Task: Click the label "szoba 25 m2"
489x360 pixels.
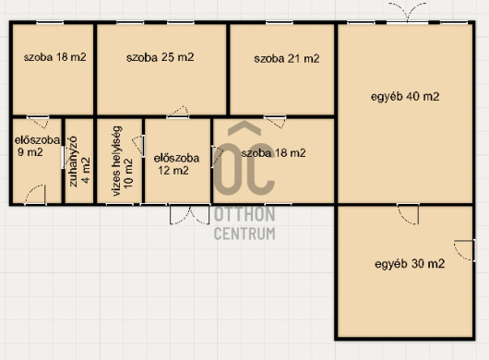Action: click(x=160, y=57)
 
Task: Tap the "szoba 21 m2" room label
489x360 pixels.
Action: click(x=287, y=59)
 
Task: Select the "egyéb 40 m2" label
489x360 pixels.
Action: click(x=405, y=97)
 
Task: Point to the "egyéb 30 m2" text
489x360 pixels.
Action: click(x=410, y=264)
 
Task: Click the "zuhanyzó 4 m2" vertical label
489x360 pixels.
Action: click(x=79, y=162)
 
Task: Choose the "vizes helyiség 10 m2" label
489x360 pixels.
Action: click(x=122, y=161)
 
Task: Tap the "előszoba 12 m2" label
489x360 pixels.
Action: click(x=176, y=164)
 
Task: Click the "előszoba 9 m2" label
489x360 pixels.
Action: click(x=37, y=146)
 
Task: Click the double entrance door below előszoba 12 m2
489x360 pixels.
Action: click(x=190, y=214)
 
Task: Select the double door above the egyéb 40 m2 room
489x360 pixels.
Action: click(x=407, y=13)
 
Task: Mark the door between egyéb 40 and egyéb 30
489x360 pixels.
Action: click(x=408, y=214)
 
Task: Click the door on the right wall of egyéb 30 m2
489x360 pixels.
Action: click(x=465, y=250)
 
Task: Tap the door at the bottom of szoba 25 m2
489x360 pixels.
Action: click(x=178, y=112)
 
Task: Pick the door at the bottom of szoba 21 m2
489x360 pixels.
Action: click(x=275, y=122)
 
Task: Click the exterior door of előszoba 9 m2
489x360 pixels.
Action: click(x=36, y=195)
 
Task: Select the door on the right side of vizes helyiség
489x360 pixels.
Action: click(x=138, y=145)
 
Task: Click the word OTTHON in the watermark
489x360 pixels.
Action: click(x=244, y=214)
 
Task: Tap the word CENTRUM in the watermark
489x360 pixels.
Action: click(x=244, y=234)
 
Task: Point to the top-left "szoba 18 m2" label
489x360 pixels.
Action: click(x=54, y=57)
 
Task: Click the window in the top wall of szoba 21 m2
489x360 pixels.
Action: click(x=280, y=22)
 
